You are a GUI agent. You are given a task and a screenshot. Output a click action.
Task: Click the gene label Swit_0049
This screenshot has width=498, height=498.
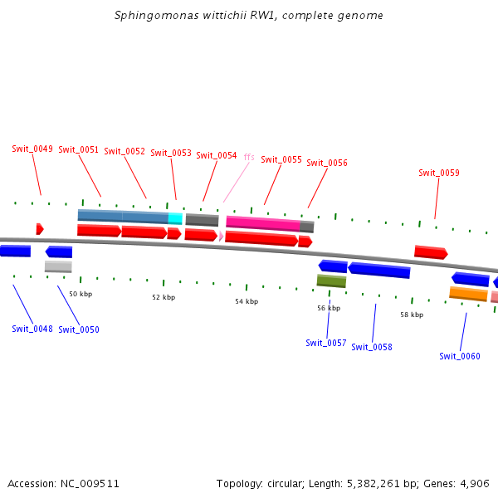[x=32, y=149]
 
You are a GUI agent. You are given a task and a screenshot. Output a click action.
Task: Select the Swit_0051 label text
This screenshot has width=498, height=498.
[x=79, y=150]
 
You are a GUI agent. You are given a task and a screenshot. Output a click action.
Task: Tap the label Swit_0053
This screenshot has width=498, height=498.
[x=171, y=154]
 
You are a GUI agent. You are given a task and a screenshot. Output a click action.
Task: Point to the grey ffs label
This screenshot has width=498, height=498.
[x=249, y=157]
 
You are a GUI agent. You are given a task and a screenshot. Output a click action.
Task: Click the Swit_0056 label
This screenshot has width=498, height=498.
[x=327, y=164]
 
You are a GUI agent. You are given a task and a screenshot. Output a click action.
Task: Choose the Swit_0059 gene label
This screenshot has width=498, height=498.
[x=439, y=173]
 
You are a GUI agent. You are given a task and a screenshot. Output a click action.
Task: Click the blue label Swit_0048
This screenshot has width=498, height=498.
[x=32, y=329]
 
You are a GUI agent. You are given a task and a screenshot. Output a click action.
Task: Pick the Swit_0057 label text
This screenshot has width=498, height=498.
[x=325, y=343]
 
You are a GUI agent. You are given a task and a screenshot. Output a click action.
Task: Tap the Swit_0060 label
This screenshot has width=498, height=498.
[x=460, y=357]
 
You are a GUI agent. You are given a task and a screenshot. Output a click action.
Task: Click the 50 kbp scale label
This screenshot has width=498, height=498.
[x=81, y=294]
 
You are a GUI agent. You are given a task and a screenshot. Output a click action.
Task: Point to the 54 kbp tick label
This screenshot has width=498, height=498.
[x=247, y=301]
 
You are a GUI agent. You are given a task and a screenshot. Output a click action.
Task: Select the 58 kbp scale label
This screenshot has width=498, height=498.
[x=412, y=315]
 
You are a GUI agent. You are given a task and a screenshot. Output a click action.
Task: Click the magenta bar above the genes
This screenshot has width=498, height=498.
[x=263, y=223]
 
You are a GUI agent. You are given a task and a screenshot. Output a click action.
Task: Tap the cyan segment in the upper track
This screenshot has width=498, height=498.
[x=175, y=218]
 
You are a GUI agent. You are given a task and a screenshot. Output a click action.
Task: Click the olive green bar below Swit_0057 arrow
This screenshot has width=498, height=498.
[x=331, y=281]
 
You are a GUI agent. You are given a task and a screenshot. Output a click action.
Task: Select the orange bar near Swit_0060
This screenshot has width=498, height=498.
[x=468, y=293]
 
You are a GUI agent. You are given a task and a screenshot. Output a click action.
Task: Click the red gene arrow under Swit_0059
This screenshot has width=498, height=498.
[x=431, y=252]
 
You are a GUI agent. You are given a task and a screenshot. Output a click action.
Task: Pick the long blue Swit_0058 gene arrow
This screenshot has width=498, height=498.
[x=379, y=270]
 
